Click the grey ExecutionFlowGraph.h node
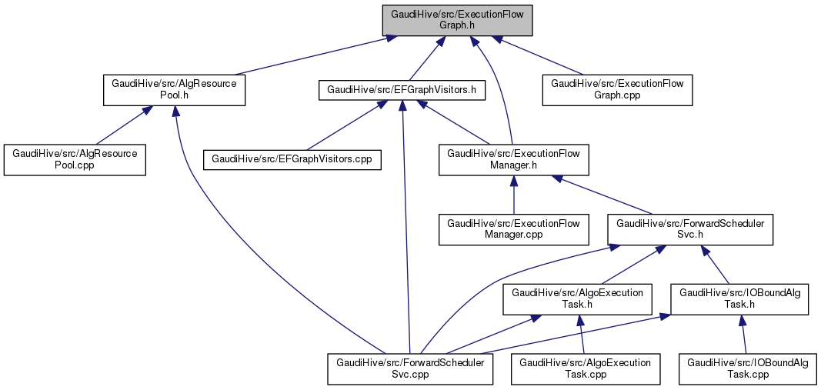click(x=458, y=20)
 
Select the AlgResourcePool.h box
click(x=175, y=90)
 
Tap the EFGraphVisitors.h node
click(x=402, y=90)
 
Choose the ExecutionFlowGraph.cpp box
click(x=618, y=90)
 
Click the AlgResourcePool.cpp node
click(x=75, y=160)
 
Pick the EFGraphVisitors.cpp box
click(x=292, y=160)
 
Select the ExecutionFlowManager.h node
click(x=514, y=160)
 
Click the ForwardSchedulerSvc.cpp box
click(x=410, y=369)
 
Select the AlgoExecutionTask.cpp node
click(x=586, y=369)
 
